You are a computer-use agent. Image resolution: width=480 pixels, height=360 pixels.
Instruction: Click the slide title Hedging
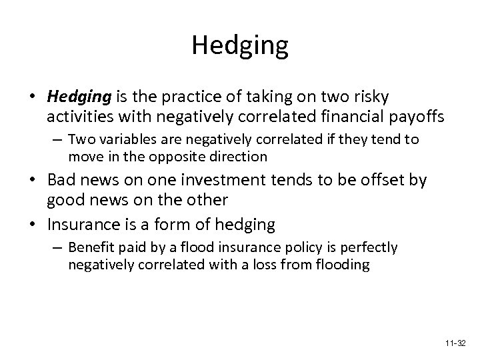tap(240, 46)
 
